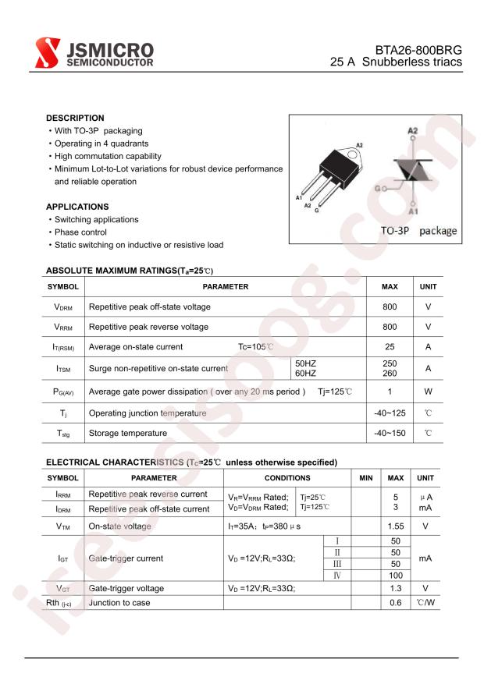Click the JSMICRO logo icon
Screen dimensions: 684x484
(47, 52)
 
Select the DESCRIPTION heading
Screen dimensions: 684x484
(75, 119)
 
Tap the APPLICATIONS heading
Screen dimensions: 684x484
(77, 207)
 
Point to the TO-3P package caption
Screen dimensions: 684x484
(418, 232)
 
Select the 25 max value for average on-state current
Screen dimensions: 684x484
(390, 347)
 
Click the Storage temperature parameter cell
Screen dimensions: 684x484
(128, 433)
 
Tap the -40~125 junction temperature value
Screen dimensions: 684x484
(390, 413)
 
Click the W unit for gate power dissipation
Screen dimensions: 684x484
(428, 392)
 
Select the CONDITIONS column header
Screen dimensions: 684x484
(287, 477)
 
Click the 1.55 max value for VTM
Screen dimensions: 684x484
(395, 526)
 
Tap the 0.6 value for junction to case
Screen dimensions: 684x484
(395, 603)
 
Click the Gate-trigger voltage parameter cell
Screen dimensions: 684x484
(126, 589)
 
